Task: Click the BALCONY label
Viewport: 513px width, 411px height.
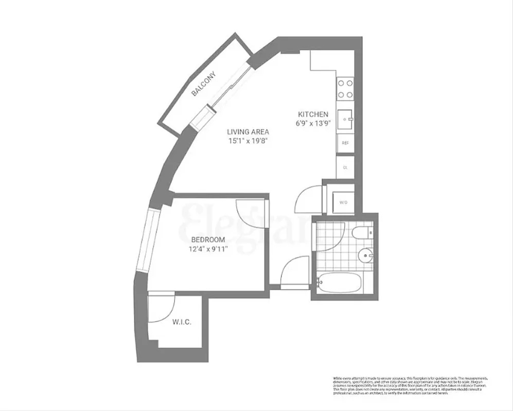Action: (204, 84)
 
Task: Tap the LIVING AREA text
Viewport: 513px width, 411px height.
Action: (248, 131)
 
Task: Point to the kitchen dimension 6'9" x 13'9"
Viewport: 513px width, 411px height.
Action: (313, 123)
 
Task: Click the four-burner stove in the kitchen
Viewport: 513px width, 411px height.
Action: (345, 88)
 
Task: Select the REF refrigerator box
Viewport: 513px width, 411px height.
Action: (344, 143)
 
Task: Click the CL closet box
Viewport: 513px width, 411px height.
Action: (344, 167)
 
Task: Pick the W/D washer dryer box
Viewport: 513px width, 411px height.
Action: (343, 202)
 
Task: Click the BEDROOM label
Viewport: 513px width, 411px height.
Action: (208, 240)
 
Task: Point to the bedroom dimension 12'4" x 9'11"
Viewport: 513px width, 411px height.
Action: (208, 249)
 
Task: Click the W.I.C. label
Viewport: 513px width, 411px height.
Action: (181, 322)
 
